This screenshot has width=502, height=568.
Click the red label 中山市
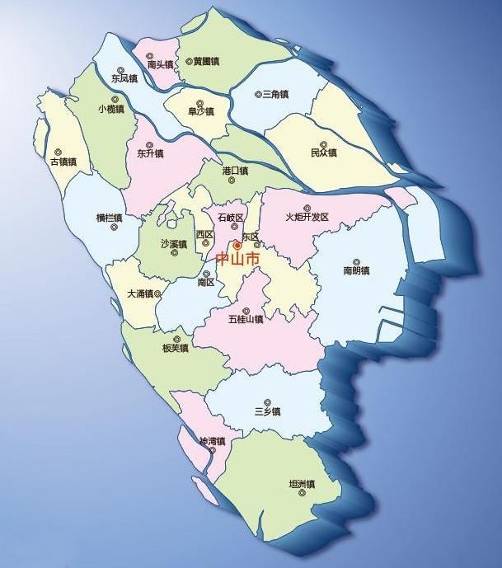[x=237, y=259]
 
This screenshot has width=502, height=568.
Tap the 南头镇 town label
[x=160, y=63]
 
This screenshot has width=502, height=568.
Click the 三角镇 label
[x=273, y=95]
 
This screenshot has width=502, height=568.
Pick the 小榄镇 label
[x=110, y=109]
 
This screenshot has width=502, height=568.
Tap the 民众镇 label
[x=324, y=153]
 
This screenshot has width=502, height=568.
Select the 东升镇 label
[x=151, y=153]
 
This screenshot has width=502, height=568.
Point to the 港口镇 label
[x=235, y=170]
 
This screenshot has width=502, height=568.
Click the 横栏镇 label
[x=109, y=218]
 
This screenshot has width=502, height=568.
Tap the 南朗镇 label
[x=356, y=270]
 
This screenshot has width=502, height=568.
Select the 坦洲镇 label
[x=298, y=484]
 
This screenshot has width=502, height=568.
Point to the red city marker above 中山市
[x=237, y=245]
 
